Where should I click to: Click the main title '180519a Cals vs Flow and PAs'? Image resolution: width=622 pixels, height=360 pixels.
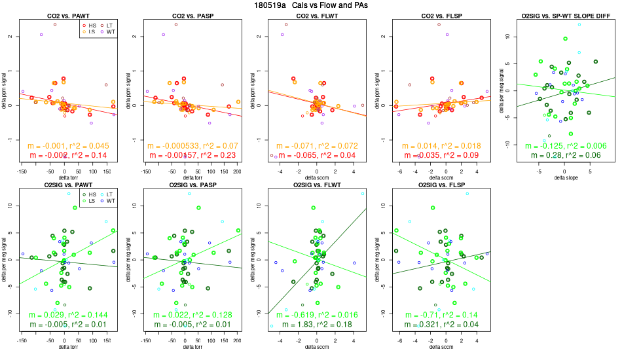[310, 5]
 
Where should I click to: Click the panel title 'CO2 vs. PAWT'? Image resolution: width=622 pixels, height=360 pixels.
[64, 15]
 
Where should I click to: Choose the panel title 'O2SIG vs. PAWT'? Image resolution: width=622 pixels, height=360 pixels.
[64, 185]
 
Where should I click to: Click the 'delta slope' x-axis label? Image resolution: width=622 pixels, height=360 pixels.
[564, 177]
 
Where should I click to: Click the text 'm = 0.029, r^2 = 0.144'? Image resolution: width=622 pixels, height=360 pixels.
[64, 315]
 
